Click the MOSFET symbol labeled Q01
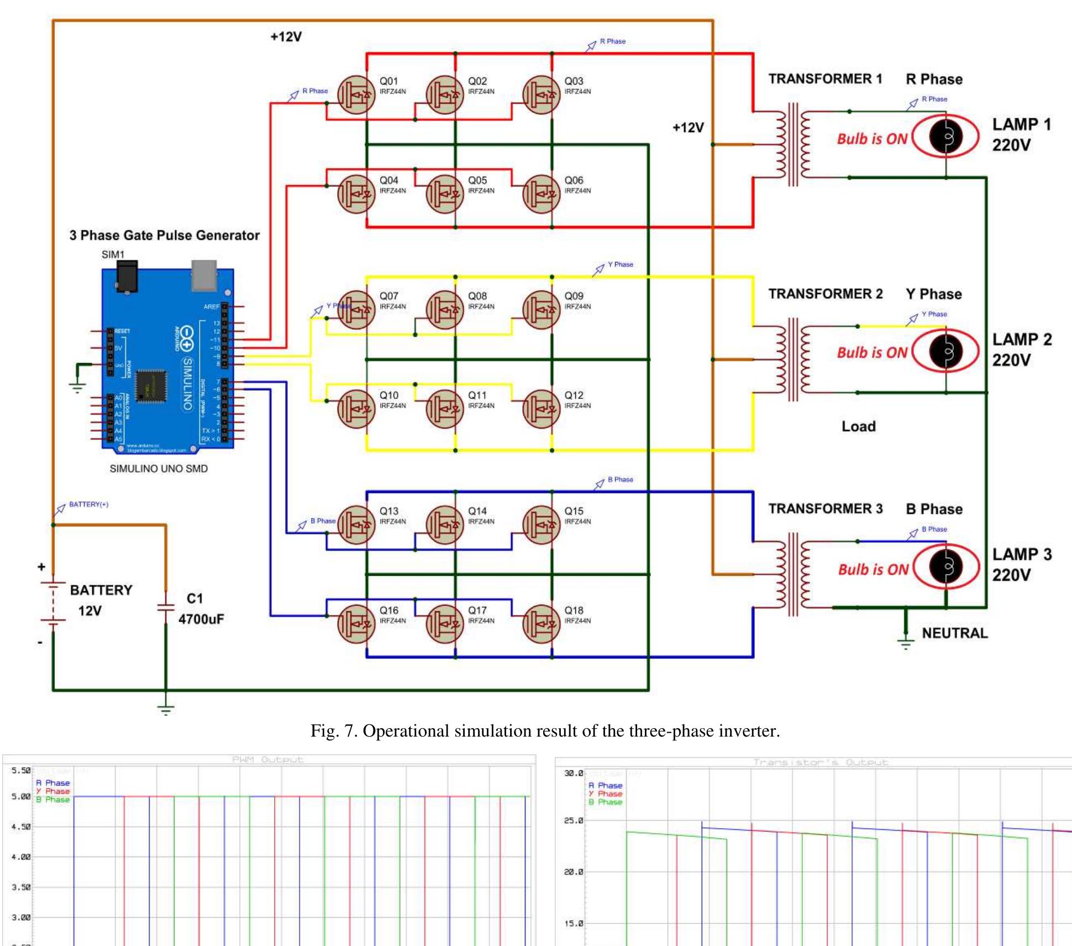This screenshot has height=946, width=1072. coord(356,95)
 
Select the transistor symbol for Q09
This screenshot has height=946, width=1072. coord(541,310)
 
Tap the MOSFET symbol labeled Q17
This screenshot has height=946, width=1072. coord(445,624)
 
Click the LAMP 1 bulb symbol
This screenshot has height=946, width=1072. coord(946,136)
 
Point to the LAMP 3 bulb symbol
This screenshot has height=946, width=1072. coord(946,566)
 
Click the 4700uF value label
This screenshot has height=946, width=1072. coord(201,619)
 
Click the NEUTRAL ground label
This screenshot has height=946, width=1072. coord(954,633)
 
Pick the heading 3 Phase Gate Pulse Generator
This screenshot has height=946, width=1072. coord(164,235)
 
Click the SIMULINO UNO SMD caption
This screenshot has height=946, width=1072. coord(159,469)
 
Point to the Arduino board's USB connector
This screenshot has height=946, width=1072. coord(204,275)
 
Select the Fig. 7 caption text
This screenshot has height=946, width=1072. coord(545,731)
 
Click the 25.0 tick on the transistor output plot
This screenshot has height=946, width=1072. coord(574,821)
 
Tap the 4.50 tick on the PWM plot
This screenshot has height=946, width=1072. coord(21,827)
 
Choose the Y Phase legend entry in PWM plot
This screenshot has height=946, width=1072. coord(53,791)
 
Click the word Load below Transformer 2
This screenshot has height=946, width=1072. coord(858,427)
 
